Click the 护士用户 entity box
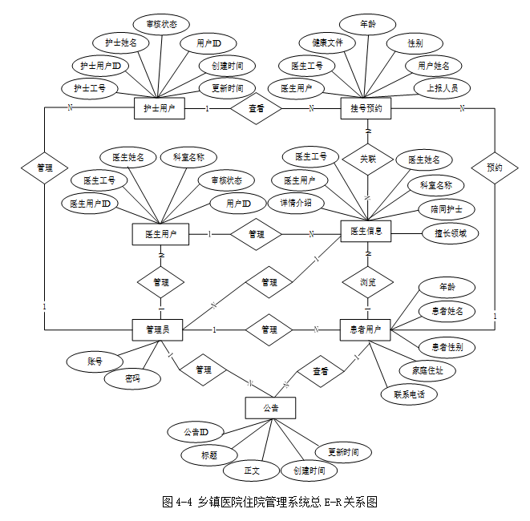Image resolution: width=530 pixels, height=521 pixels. (x=159, y=108)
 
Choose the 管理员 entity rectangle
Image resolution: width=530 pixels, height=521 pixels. (x=158, y=329)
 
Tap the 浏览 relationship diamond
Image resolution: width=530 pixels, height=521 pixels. (x=367, y=282)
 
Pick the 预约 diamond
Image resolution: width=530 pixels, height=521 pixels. (x=494, y=168)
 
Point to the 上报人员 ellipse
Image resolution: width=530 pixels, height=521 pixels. (x=442, y=87)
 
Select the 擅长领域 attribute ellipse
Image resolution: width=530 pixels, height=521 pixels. (x=451, y=233)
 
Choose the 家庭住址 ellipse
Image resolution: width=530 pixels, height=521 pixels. (x=427, y=370)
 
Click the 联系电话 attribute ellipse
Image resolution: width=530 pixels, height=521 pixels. (x=409, y=394)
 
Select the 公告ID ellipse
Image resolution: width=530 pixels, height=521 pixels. (x=196, y=432)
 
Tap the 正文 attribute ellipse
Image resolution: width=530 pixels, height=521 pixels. (x=252, y=471)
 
